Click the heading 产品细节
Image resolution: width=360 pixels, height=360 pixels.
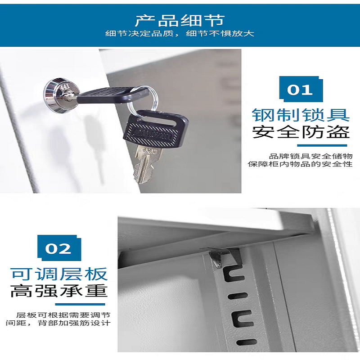[x=180, y=20]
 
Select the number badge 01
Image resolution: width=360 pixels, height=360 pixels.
[x=300, y=89]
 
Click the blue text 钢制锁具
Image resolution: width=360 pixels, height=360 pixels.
[x=301, y=115]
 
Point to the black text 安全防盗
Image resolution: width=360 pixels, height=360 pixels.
[x=301, y=132]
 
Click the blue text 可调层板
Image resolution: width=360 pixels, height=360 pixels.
[x=59, y=274]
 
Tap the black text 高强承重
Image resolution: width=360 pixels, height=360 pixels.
[x=59, y=291]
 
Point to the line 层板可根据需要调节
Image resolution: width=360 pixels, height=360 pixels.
[x=63, y=315]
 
